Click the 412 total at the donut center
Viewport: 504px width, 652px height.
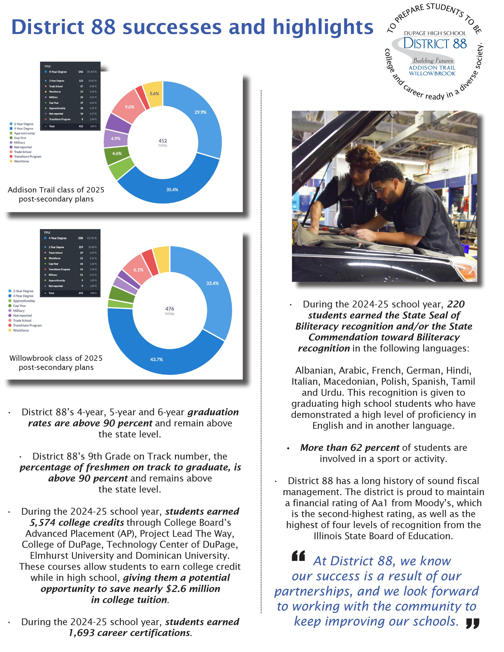[x=163, y=141]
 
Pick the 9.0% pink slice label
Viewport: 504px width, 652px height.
[x=130, y=107]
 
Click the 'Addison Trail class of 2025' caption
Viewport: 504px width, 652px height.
[x=56, y=190]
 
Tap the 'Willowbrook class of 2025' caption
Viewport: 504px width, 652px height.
[x=56, y=358]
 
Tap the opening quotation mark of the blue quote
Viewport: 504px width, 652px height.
[x=298, y=556]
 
